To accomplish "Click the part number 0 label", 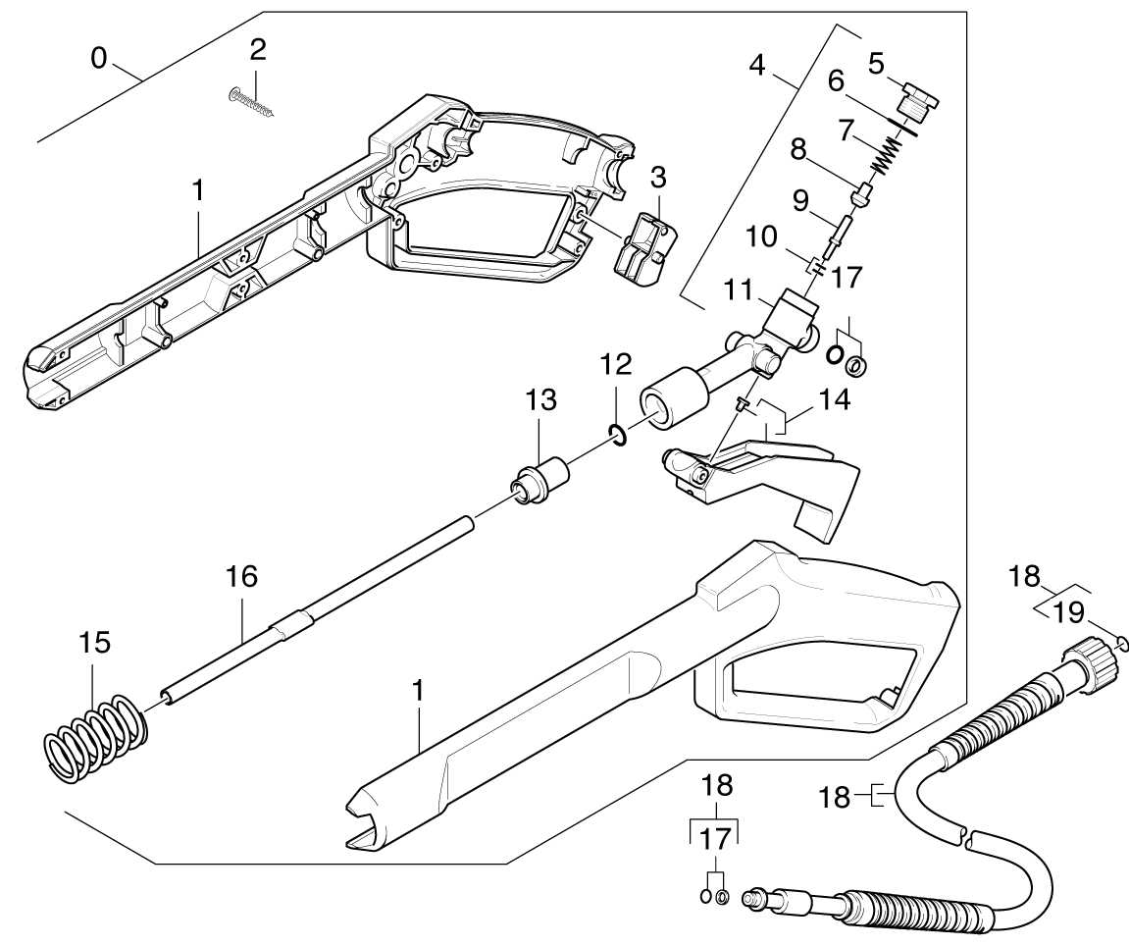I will (x=98, y=58).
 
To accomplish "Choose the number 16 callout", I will (x=241, y=576).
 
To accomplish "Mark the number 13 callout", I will (x=540, y=399).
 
